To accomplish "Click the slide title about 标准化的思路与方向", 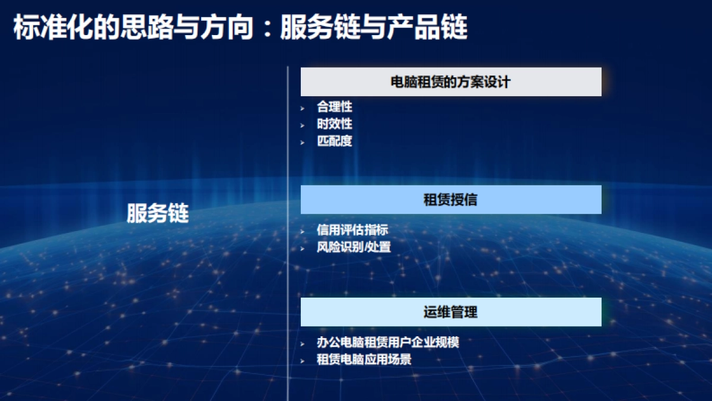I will [x=240, y=27].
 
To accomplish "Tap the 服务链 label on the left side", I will [x=157, y=213].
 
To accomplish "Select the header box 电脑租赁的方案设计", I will [x=451, y=82].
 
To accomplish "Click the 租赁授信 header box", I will [x=451, y=200].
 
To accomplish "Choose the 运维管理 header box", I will [x=451, y=312].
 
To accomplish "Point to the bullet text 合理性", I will [x=335, y=107].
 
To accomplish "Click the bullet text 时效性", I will [x=335, y=124].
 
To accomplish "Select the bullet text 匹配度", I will [x=335, y=141].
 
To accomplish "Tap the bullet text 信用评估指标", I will [x=352, y=230].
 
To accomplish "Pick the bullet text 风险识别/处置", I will [x=354, y=247].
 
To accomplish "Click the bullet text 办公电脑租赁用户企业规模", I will [x=387, y=343].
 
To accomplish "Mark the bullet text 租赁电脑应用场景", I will [x=364, y=360].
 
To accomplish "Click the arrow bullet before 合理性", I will [x=303, y=108].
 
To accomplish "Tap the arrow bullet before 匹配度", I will [x=303, y=143].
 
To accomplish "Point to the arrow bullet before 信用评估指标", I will [x=303, y=231].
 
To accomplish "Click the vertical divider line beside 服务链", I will [x=288, y=232].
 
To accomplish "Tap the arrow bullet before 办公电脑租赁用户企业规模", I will [x=303, y=344].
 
